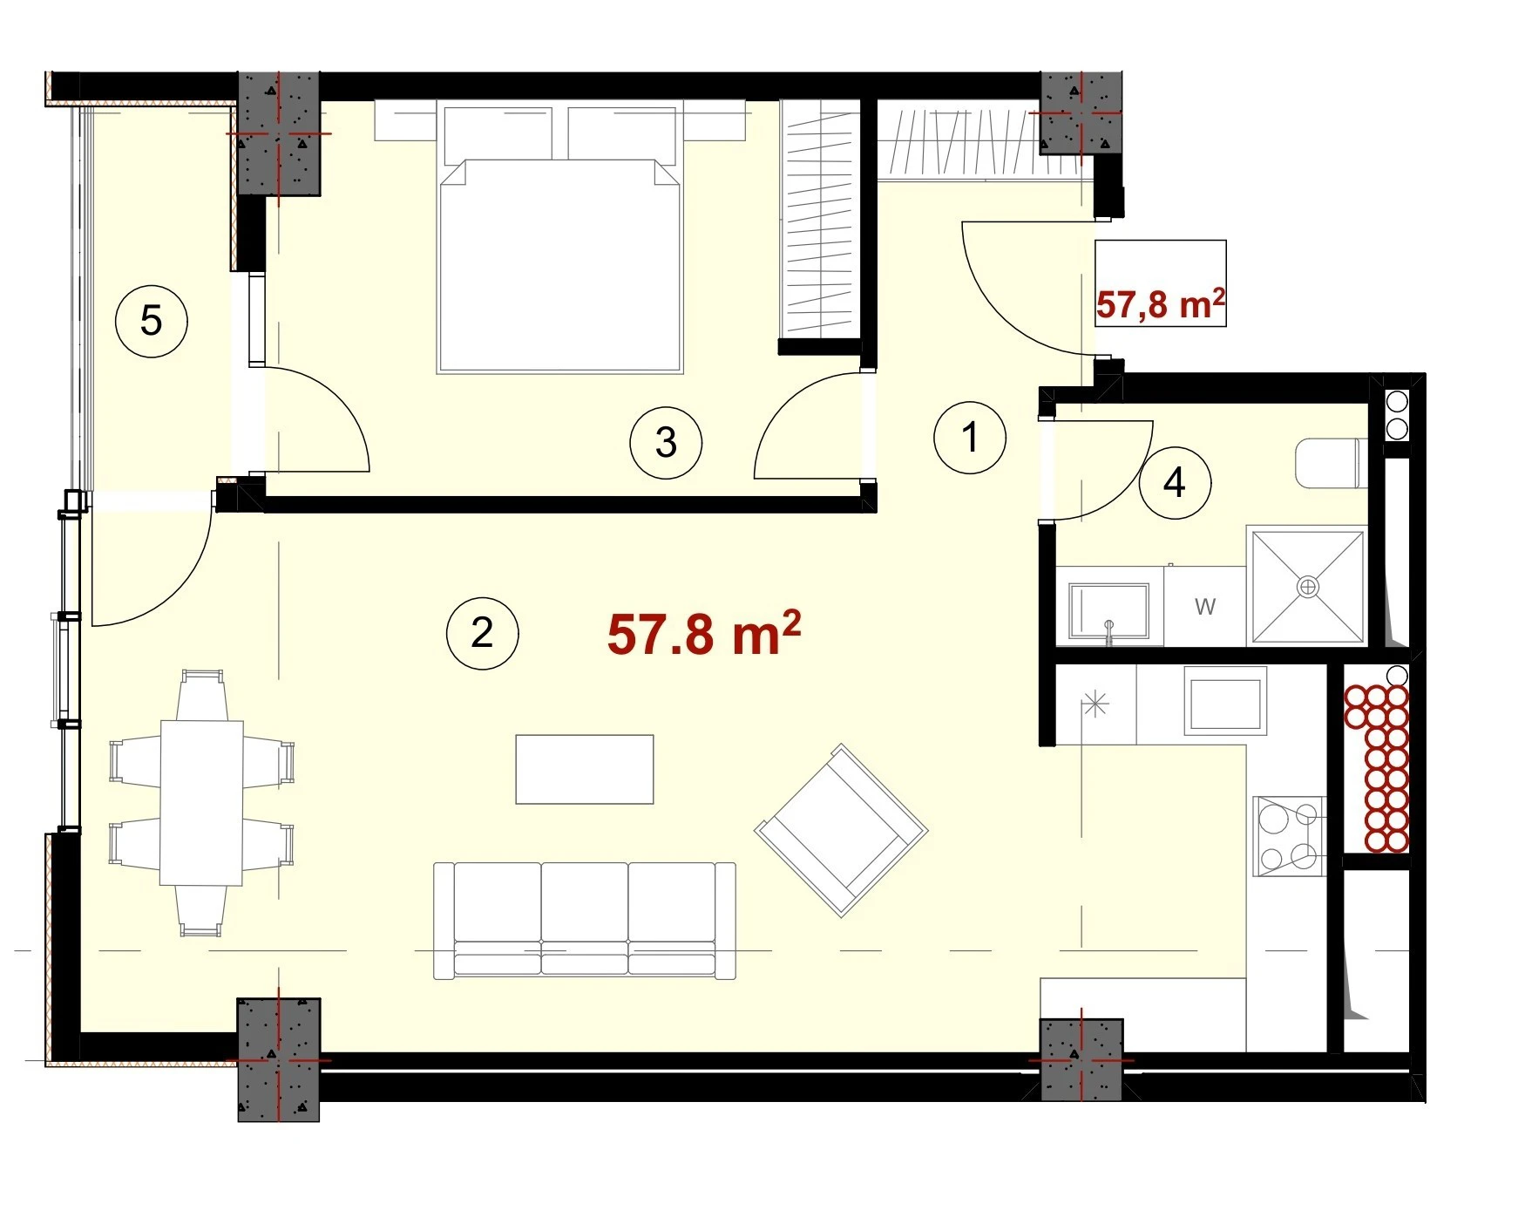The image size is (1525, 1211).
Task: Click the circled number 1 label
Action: pos(969,437)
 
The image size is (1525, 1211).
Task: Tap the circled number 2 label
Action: pos(482,633)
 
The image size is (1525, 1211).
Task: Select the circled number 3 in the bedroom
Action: pos(666,443)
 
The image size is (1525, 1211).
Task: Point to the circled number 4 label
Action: pos(1175,483)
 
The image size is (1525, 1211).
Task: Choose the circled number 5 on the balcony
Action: pos(151,321)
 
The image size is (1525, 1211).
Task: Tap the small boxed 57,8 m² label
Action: pos(1160,303)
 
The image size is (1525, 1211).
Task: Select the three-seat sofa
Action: pos(585,921)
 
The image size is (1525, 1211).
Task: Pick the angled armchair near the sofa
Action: pos(841,830)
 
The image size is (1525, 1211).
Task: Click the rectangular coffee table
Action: pos(585,769)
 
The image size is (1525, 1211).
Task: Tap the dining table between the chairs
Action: pos(201,802)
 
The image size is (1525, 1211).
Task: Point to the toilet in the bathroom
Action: pos(1330,464)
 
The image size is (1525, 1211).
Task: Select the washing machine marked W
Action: pos(1205,607)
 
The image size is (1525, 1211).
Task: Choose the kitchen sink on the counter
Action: pos(1224,699)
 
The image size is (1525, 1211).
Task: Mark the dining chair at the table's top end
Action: pos(201,694)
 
